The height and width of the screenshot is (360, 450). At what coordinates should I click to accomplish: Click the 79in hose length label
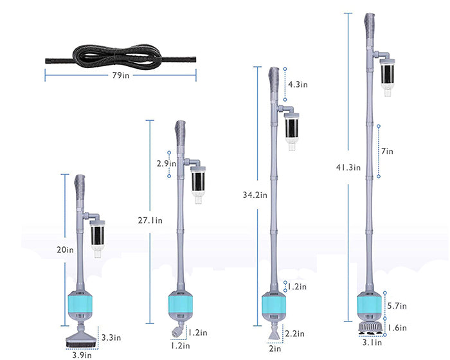tap(121, 75)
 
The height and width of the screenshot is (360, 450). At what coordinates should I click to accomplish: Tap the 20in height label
tap(65, 250)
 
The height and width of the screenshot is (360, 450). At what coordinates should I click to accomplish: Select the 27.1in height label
tap(150, 221)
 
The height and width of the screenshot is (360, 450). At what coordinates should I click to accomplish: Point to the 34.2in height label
tap(255, 195)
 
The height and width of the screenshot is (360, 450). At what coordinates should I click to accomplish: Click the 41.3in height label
tap(348, 167)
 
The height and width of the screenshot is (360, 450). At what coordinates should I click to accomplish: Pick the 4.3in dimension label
tap(298, 84)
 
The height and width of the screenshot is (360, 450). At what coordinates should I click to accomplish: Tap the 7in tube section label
tap(387, 151)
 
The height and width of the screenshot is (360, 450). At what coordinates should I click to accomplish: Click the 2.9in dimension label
tap(166, 163)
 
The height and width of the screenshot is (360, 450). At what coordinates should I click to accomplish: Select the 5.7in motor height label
tap(397, 306)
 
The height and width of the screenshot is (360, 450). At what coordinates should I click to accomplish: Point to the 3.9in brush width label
tap(82, 355)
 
